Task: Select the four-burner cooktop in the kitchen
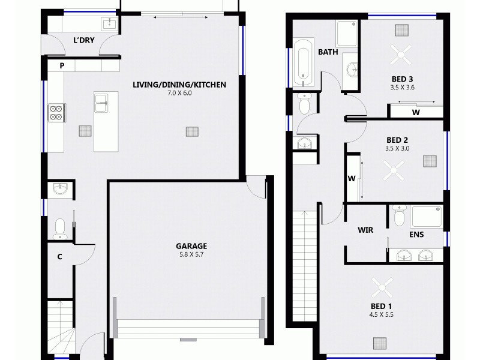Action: tap(56, 113)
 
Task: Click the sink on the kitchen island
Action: tap(101, 103)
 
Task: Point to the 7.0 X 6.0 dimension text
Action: tap(179, 94)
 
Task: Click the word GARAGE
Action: tap(191, 246)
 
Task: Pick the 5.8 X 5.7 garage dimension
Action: tap(191, 254)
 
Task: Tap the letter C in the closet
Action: tap(60, 257)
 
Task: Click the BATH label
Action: tap(328, 52)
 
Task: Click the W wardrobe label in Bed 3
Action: tap(415, 112)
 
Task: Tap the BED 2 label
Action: tap(397, 139)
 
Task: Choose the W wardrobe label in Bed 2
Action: tap(352, 178)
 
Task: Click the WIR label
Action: tap(365, 230)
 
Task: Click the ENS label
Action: tap(417, 236)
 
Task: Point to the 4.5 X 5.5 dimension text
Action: tap(381, 314)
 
